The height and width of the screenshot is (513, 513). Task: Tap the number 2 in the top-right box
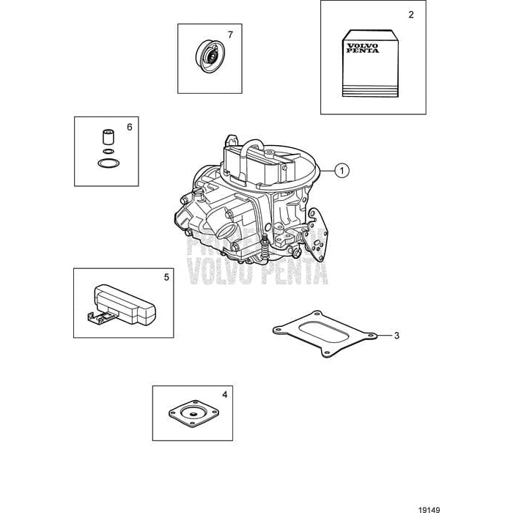(x=410, y=15)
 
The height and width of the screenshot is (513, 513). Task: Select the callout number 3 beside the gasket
(x=396, y=336)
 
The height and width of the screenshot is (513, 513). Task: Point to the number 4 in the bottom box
(x=224, y=395)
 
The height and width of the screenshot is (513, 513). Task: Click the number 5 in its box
(x=166, y=277)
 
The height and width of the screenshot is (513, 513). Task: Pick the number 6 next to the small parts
(x=129, y=127)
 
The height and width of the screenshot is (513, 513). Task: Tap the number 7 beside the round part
(x=229, y=34)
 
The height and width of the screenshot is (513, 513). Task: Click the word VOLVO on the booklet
(x=361, y=45)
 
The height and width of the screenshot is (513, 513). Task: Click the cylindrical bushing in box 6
(x=107, y=138)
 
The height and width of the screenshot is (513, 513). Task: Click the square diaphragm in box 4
(x=193, y=414)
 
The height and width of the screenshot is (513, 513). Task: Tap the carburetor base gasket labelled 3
(x=323, y=335)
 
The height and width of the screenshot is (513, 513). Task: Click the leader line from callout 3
(x=383, y=336)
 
